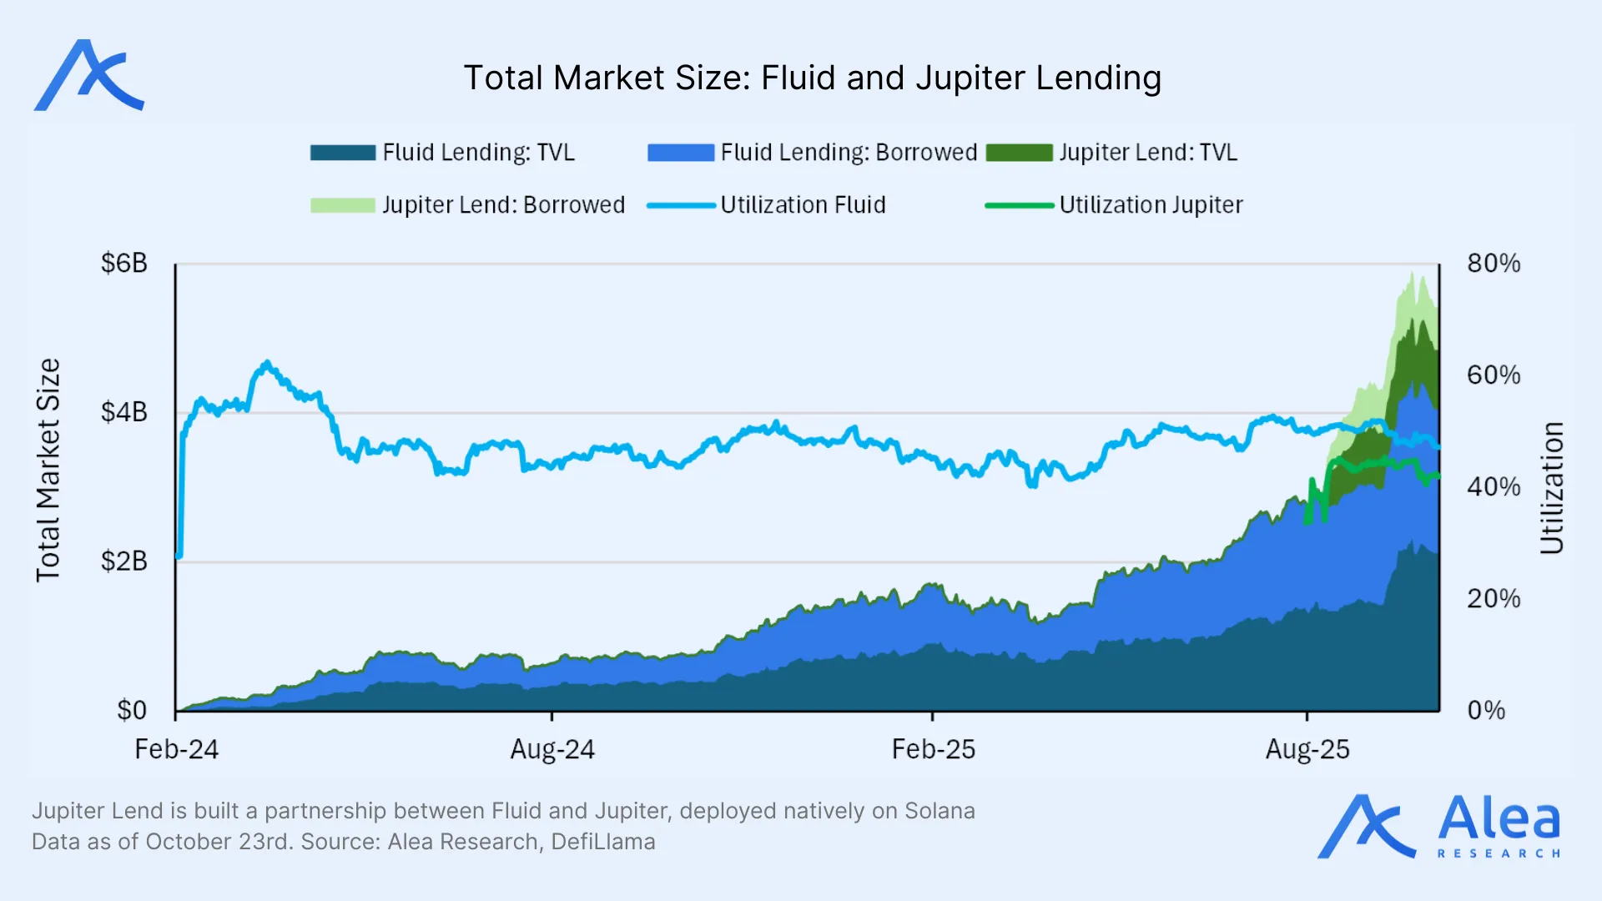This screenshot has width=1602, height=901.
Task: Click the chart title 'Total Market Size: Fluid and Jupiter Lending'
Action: click(x=812, y=78)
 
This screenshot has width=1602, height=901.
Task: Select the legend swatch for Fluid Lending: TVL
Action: click(x=343, y=153)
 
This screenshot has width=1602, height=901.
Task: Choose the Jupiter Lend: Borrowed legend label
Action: click(x=503, y=205)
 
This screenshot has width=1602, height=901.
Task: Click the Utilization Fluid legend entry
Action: click(x=802, y=205)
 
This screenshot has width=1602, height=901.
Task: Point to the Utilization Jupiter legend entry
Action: click(x=1151, y=205)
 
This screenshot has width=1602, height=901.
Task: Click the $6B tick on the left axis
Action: click(x=123, y=264)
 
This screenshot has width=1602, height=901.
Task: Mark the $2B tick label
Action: click(x=123, y=561)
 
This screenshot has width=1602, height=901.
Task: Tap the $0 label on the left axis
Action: click(x=132, y=710)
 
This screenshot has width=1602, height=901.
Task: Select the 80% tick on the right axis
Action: click(x=1493, y=264)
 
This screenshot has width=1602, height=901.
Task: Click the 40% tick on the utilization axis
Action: click(x=1493, y=487)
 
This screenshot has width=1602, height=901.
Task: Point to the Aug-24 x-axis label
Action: click(x=552, y=749)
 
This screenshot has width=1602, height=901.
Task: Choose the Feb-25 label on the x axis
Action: click(x=933, y=749)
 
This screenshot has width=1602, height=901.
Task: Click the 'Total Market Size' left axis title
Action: click(x=48, y=470)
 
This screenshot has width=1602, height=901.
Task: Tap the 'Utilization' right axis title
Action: click(x=1551, y=488)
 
